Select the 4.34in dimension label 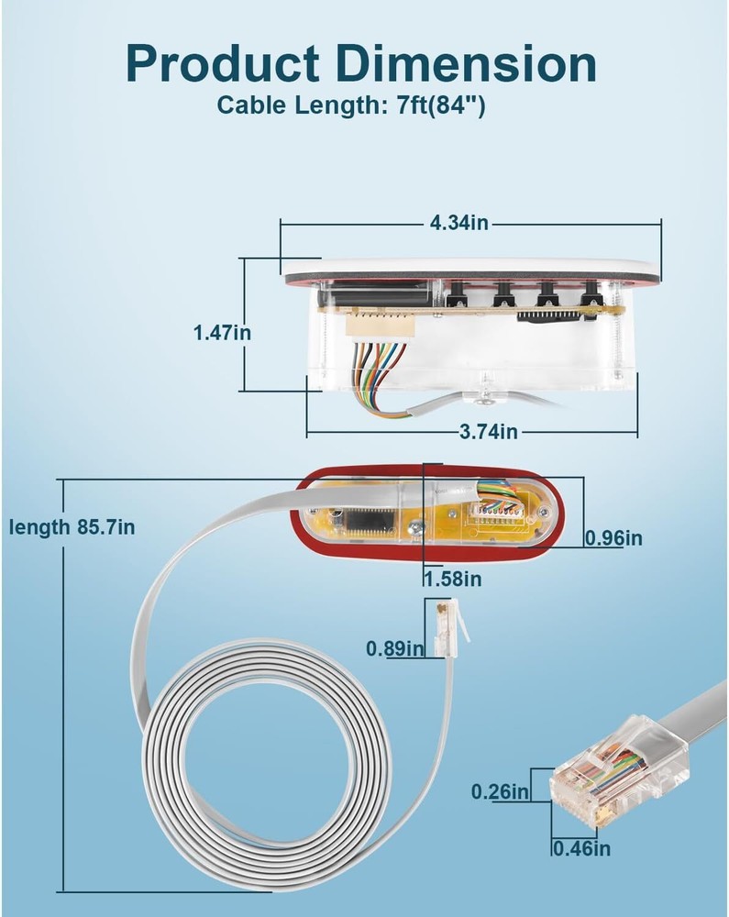click(459, 222)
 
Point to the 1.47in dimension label click(222, 332)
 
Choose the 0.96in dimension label click(614, 537)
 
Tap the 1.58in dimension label click(452, 578)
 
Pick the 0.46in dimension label click(581, 848)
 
